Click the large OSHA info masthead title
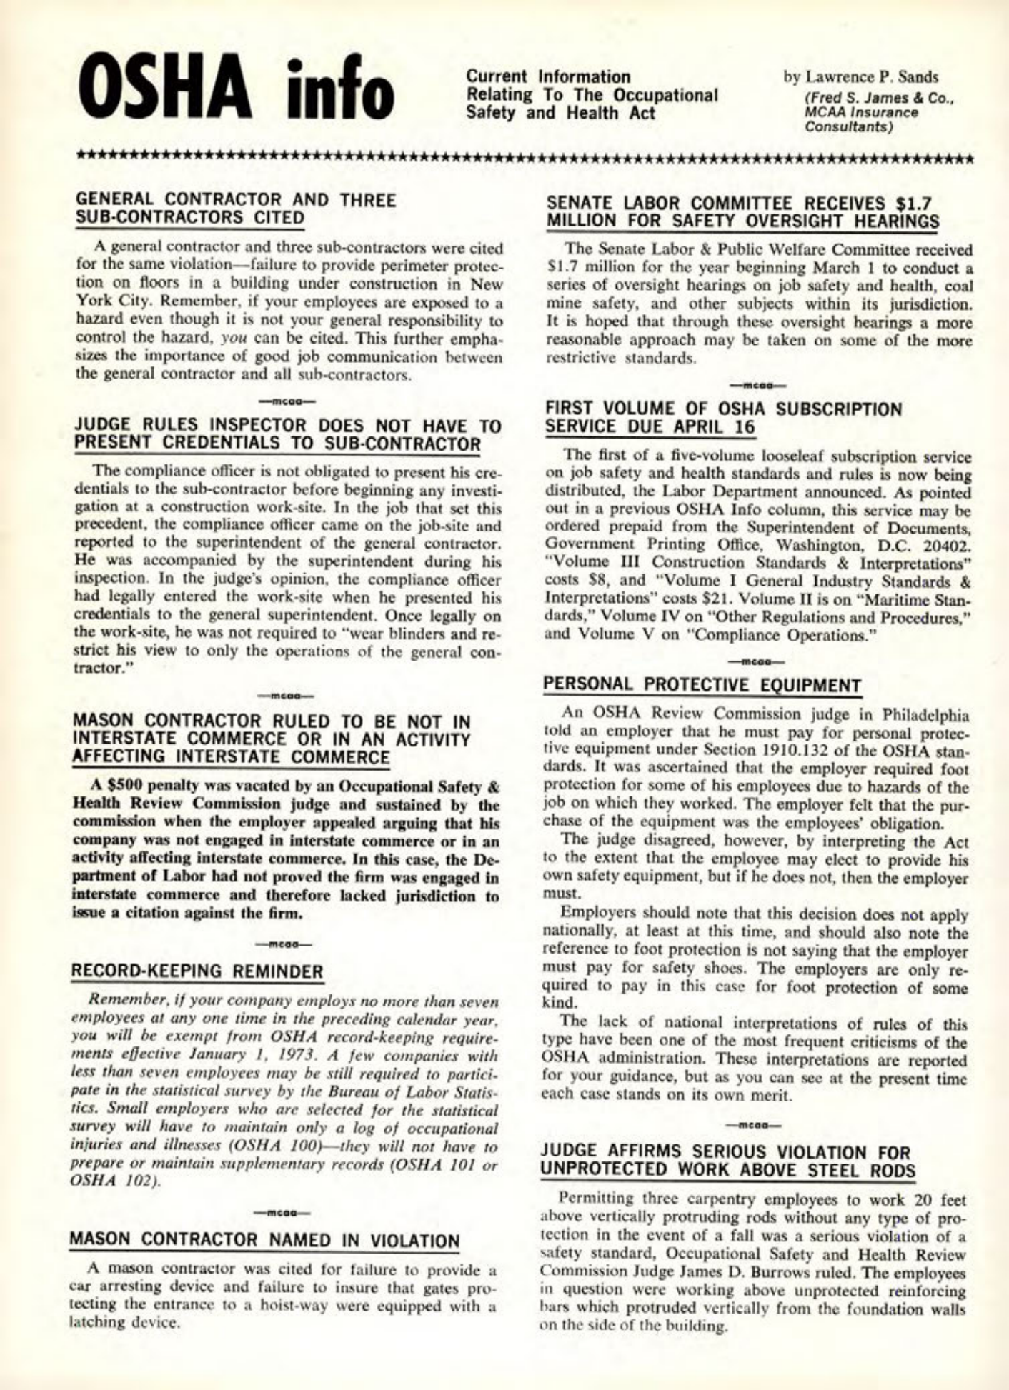(239, 91)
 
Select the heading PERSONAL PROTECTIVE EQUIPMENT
(702, 685)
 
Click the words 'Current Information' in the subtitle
(548, 76)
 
